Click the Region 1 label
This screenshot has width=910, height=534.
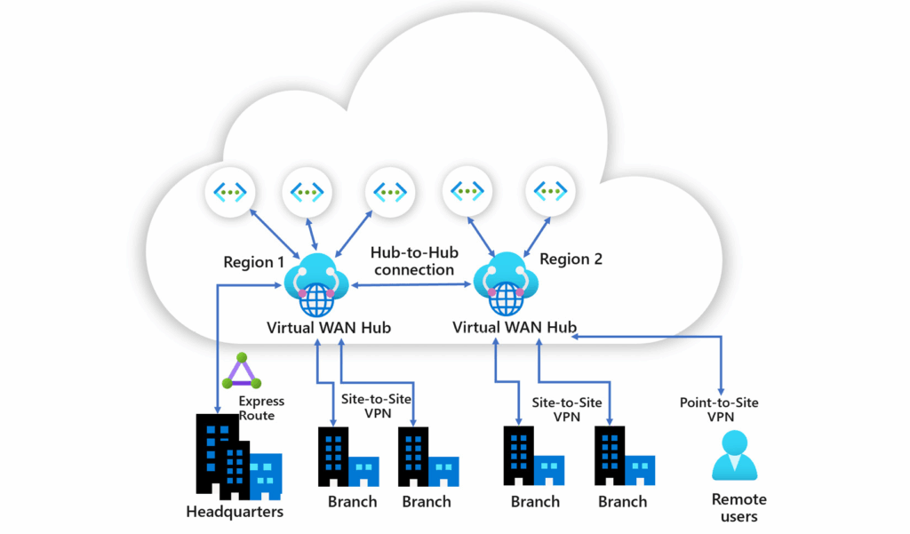pyautogui.click(x=253, y=262)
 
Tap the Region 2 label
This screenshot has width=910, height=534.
pyautogui.click(x=571, y=259)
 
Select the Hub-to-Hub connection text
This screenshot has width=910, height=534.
pyautogui.click(x=414, y=261)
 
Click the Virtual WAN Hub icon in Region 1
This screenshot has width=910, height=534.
pyautogui.click(x=316, y=284)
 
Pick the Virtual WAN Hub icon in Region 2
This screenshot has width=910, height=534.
pyautogui.click(x=506, y=283)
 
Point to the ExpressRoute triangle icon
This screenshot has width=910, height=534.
pyautogui.click(x=242, y=371)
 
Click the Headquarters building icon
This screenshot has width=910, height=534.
pyautogui.click(x=239, y=457)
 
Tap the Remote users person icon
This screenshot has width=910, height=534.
pyautogui.click(x=735, y=455)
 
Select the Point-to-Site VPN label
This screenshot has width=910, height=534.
pyautogui.click(x=720, y=410)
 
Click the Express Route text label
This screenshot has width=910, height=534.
pyautogui.click(x=260, y=408)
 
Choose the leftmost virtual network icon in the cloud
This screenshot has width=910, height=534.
pyautogui.click(x=230, y=192)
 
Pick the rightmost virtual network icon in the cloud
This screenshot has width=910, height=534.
pyautogui.click(x=550, y=190)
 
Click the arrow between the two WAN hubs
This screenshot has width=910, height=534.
pyautogui.click(x=411, y=284)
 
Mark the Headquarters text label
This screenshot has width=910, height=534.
pyautogui.click(x=235, y=512)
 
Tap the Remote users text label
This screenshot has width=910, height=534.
pyautogui.click(x=738, y=508)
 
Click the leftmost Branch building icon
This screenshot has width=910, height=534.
pyautogui.click(x=348, y=457)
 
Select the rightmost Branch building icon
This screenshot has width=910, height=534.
pyautogui.click(x=625, y=456)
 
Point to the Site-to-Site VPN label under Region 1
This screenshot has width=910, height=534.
pyautogui.click(x=377, y=406)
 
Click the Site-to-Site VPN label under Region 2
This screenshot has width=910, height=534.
pyautogui.click(x=567, y=410)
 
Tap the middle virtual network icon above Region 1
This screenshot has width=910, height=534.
pyautogui.click(x=307, y=192)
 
